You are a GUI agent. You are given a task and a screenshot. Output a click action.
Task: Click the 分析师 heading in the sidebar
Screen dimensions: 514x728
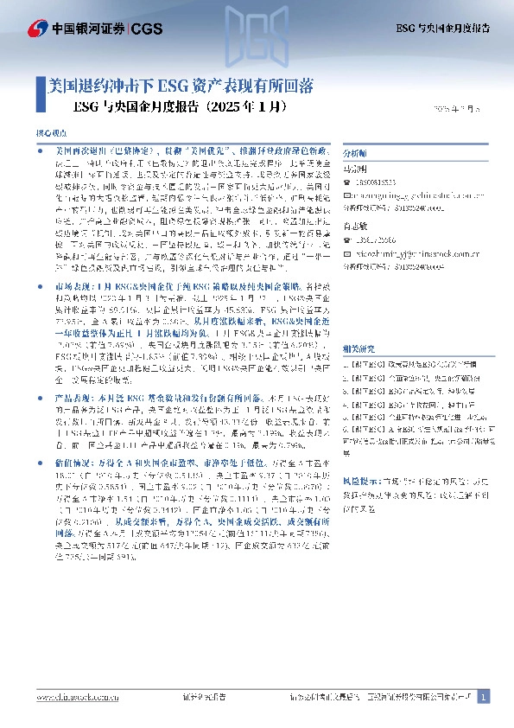pos(356,149)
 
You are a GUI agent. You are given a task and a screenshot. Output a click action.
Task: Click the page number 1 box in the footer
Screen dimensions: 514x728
pos(484,696)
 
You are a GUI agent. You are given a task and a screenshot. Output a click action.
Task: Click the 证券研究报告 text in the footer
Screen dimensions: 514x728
pos(205,697)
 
